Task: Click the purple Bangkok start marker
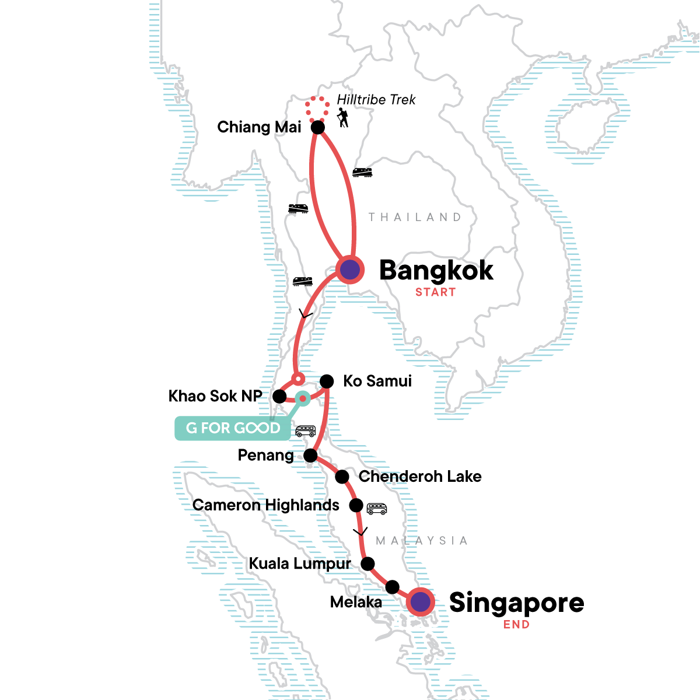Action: point(350,270)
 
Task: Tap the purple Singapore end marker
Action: point(421,601)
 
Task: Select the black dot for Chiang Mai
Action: point(317,127)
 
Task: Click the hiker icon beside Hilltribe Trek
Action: point(343,117)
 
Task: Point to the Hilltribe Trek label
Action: point(376,100)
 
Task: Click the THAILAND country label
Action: point(415,217)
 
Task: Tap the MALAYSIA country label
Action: point(422,541)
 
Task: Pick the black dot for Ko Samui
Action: point(327,381)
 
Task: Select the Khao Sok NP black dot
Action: point(279,397)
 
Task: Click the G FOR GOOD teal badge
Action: point(233,428)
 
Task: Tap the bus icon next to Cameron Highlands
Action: point(377,509)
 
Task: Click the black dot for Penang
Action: point(310,455)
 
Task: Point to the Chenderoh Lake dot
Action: point(342,477)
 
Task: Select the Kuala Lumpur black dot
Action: point(367,563)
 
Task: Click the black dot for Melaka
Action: point(393,587)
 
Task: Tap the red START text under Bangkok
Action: point(435,292)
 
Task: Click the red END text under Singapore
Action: point(517,624)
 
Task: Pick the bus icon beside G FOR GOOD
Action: point(306,431)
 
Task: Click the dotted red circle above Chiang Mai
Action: point(317,108)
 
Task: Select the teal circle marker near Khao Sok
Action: point(302,399)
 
